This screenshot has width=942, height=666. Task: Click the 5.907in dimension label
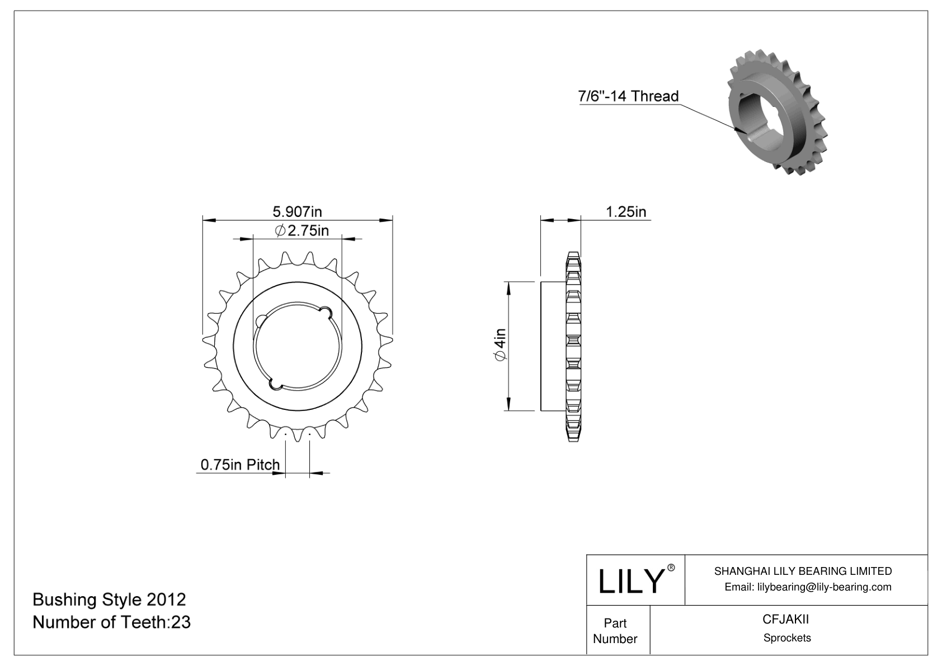(297, 211)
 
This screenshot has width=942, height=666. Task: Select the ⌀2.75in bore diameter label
(302, 230)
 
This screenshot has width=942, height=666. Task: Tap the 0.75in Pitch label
(240, 465)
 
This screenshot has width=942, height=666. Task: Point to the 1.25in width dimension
(626, 212)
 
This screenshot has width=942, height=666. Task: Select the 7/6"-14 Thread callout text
(628, 96)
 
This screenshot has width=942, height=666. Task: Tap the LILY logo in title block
(630, 581)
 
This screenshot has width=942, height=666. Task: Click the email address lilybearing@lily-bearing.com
(808, 587)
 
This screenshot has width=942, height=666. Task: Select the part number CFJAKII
(786, 620)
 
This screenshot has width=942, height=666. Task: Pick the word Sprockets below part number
(786, 638)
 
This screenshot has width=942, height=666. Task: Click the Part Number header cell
(615, 631)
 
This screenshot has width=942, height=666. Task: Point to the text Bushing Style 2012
(109, 599)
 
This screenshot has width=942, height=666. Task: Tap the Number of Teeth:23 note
(112, 622)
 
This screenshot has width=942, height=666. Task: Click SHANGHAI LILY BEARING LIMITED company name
(803, 571)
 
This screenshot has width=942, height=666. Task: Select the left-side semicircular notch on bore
(261, 321)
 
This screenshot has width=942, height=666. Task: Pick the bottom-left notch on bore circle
(276, 384)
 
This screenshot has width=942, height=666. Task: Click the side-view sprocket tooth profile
(573, 347)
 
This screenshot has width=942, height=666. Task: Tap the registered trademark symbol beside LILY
(671, 568)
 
